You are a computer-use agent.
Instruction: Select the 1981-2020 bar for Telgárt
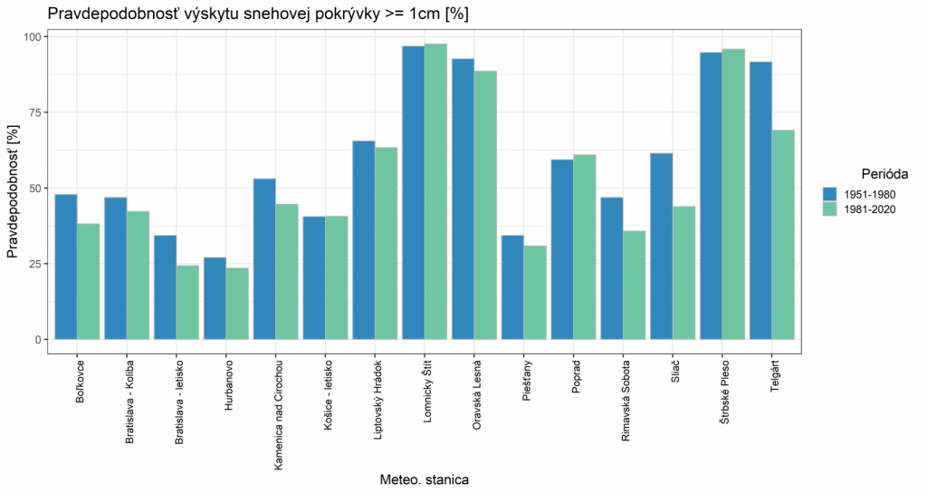(x=782, y=235)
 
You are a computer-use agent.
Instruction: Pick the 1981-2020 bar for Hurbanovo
(x=237, y=304)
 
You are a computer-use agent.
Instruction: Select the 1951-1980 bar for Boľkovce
(x=66, y=266)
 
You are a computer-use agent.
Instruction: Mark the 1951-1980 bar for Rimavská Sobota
(x=611, y=268)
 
